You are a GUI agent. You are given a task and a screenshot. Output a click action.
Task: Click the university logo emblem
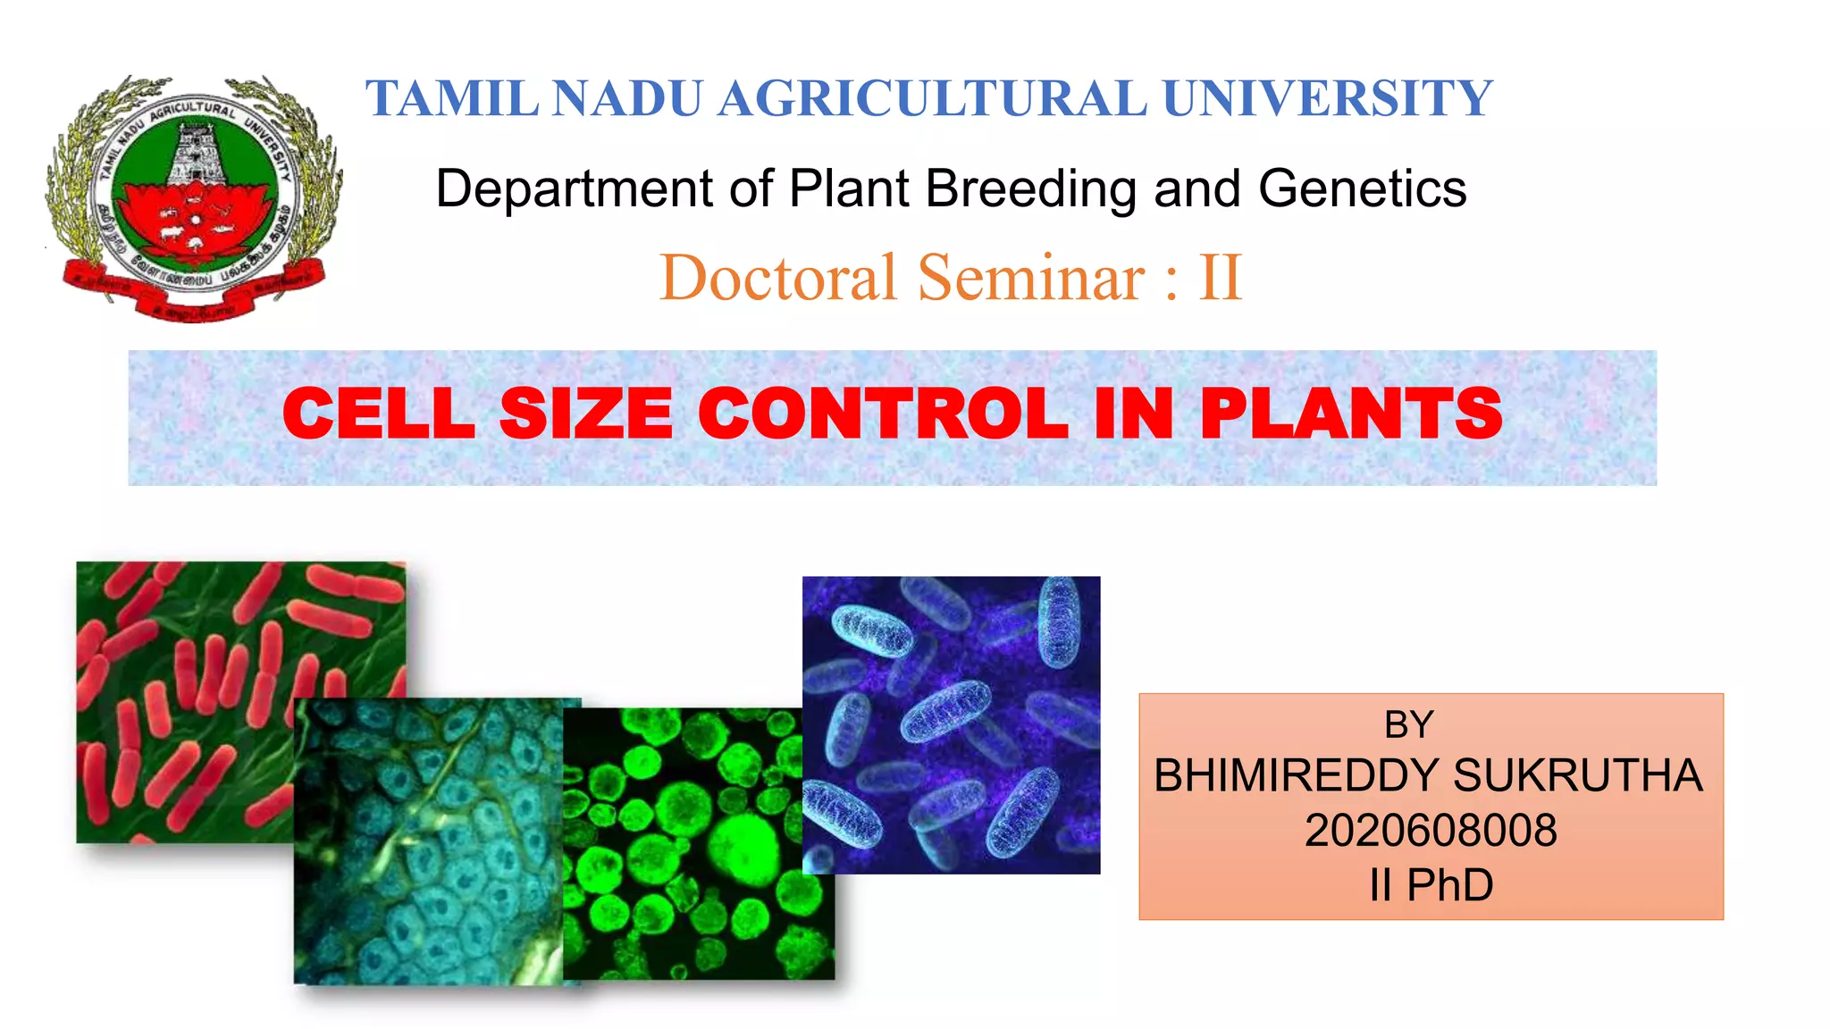(x=194, y=197)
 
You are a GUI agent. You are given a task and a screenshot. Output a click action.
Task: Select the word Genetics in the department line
(x=1362, y=189)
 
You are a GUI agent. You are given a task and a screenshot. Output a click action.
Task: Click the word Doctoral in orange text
(x=777, y=278)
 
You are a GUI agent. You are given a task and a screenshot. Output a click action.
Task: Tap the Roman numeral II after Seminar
(x=1221, y=278)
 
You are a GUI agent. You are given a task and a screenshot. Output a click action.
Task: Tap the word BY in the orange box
(x=1409, y=724)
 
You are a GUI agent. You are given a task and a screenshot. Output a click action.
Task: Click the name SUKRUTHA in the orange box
(x=1577, y=775)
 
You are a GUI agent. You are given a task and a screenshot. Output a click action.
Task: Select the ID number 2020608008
(x=1431, y=831)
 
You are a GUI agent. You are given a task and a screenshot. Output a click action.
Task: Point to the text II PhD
(x=1431, y=885)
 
